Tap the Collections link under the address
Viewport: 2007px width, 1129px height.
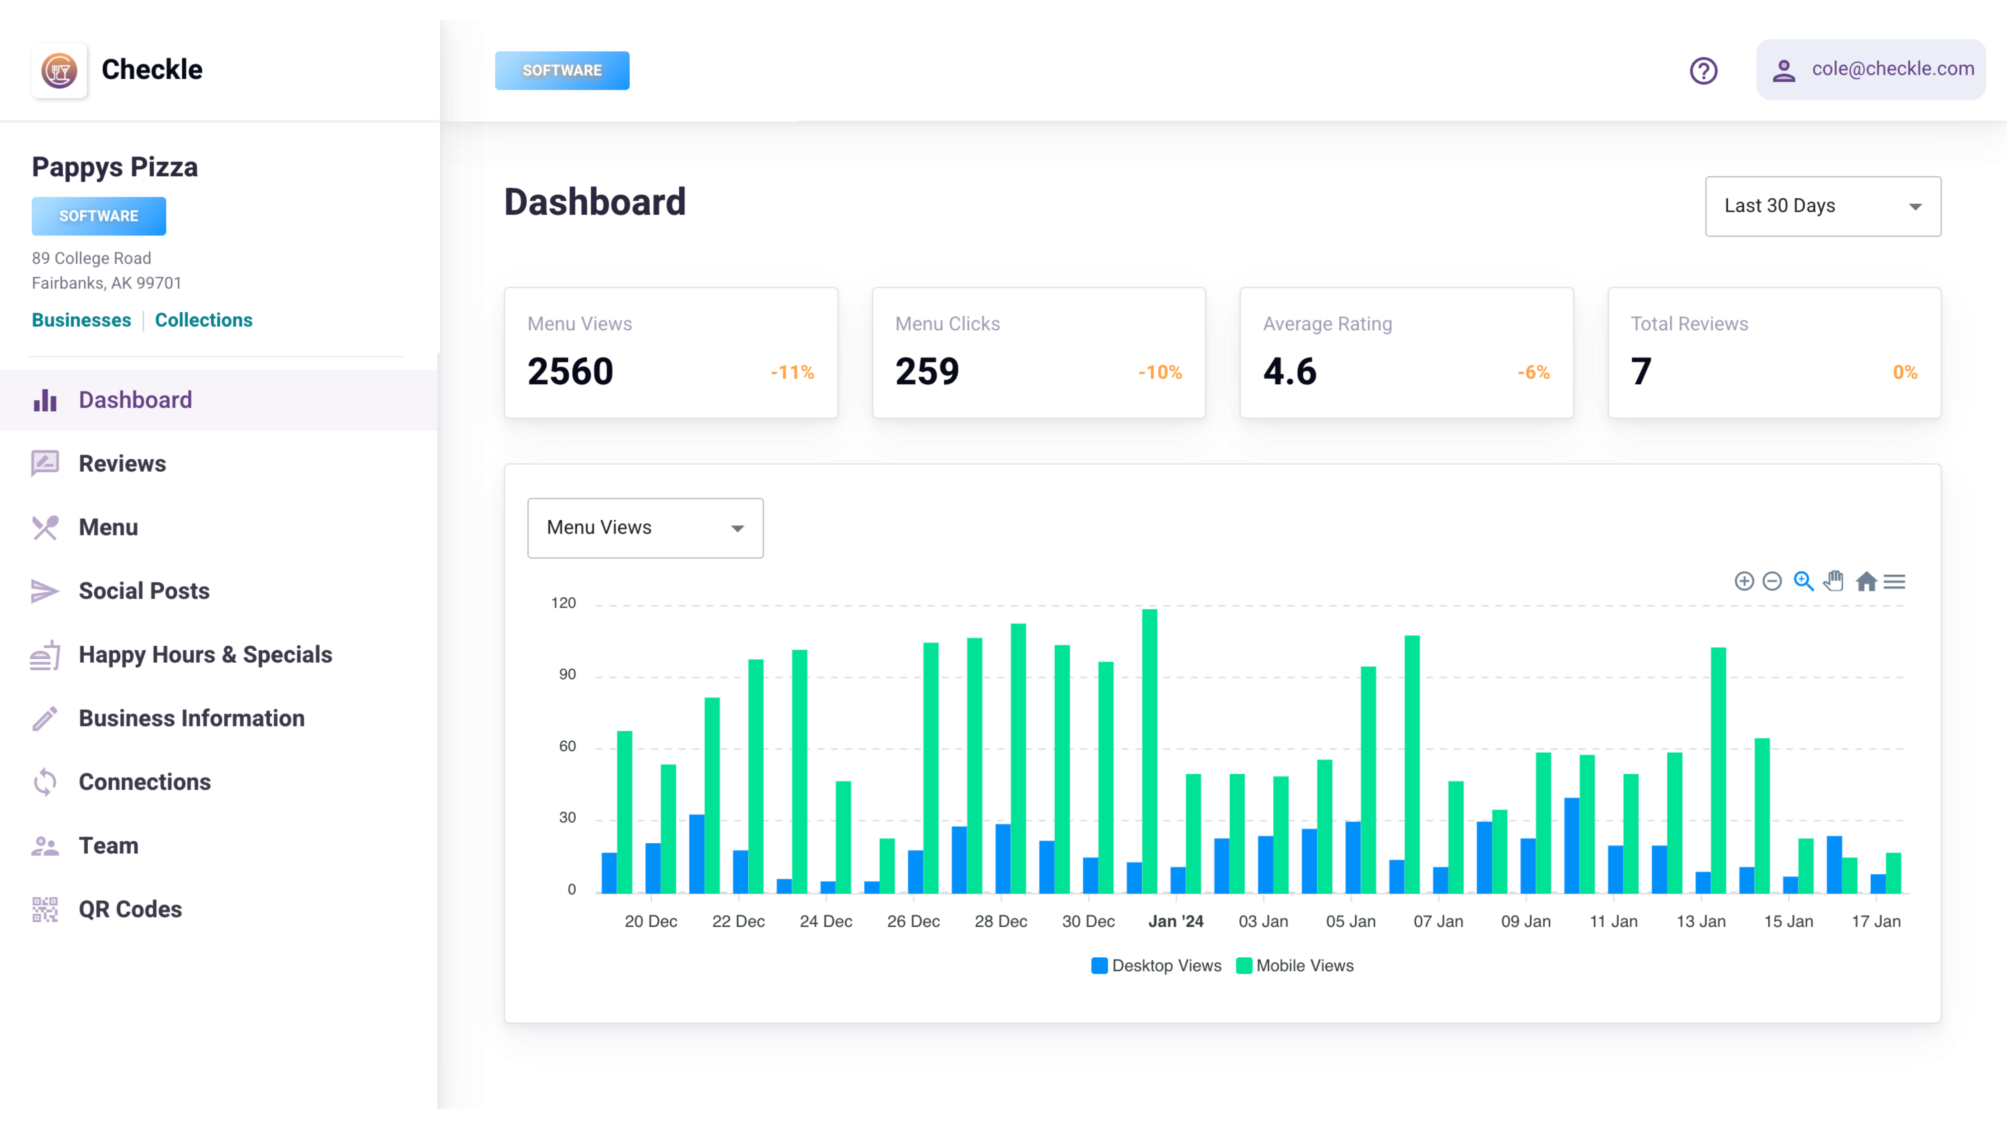tap(203, 320)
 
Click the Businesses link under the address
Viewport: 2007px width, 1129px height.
tap(81, 320)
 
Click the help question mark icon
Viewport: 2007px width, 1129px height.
tap(1703, 71)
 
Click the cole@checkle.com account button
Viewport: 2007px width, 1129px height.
tap(1871, 69)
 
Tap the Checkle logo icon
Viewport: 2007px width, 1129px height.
tap(59, 70)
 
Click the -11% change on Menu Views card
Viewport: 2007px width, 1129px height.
tap(792, 372)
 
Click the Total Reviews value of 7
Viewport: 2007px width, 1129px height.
tap(1641, 371)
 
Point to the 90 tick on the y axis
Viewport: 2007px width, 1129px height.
tap(567, 675)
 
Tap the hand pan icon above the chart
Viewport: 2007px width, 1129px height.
tap(1834, 581)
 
